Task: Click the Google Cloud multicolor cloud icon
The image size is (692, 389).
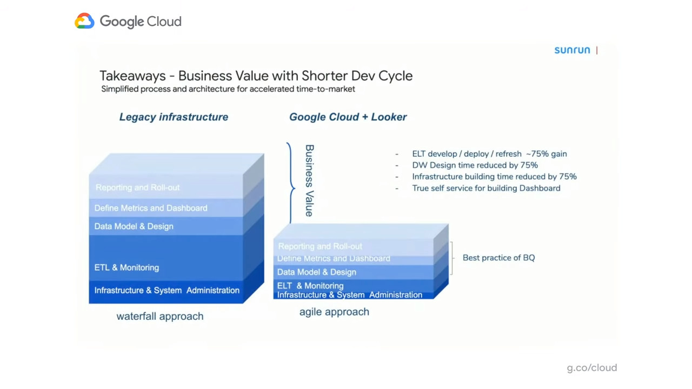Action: pyautogui.click(x=84, y=21)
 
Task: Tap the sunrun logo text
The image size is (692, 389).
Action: pyautogui.click(x=572, y=50)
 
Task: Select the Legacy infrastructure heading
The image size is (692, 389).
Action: pyautogui.click(x=174, y=117)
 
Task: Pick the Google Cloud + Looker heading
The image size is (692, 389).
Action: pyautogui.click(x=348, y=117)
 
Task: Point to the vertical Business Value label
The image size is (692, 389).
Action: pyautogui.click(x=309, y=180)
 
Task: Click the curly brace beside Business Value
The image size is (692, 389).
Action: pyautogui.click(x=291, y=183)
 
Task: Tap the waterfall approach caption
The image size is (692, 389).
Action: pyautogui.click(x=160, y=317)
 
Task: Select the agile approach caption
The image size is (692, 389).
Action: pyautogui.click(x=334, y=312)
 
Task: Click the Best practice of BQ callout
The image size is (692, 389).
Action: pyautogui.click(x=498, y=258)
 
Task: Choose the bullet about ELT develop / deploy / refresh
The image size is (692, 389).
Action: pyautogui.click(x=489, y=154)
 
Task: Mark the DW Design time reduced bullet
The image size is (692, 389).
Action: pyautogui.click(x=475, y=165)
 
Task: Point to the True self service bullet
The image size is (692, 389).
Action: pyautogui.click(x=486, y=188)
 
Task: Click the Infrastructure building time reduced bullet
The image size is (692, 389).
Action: pyautogui.click(x=494, y=177)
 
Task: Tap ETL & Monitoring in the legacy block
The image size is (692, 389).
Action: pyautogui.click(x=127, y=267)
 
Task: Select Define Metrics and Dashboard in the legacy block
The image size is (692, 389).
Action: pyautogui.click(x=151, y=208)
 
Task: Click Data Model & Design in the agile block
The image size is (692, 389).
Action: pyautogui.click(x=317, y=272)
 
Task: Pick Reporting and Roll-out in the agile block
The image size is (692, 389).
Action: pyautogui.click(x=320, y=246)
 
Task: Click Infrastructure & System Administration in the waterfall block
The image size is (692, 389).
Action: pyautogui.click(x=167, y=291)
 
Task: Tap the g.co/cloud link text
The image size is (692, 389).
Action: pyautogui.click(x=591, y=368)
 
